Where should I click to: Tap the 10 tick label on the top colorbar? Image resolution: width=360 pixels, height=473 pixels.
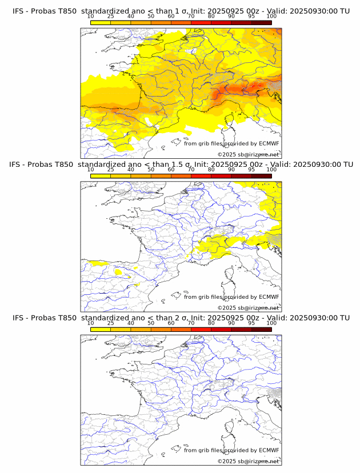click(x=91, y=17)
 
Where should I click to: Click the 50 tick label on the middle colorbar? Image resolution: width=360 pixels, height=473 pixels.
click(x=151, y=170)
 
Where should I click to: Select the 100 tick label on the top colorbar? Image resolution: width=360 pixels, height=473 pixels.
click(x=271, y=17)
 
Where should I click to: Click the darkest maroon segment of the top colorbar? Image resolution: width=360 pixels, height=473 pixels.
click(x=261, y=22)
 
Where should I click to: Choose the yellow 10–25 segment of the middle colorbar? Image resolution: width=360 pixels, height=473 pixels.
click(x=101, y=176)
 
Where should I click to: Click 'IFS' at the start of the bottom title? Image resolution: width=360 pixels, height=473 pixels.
click(x=18, y=318)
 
